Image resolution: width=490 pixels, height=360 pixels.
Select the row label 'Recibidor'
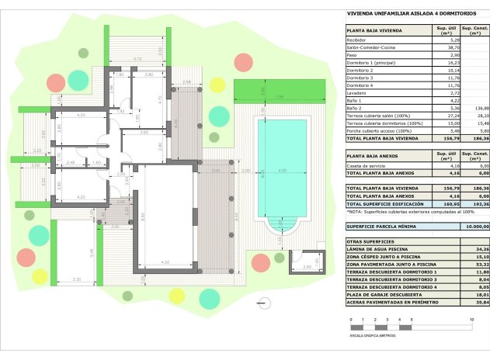tap(356, 40)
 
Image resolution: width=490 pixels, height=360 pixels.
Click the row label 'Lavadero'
tap(357, 92)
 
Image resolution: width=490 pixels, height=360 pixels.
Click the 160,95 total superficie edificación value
tap(443, 204)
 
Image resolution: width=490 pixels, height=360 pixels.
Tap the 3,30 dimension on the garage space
tap(76, 279)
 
